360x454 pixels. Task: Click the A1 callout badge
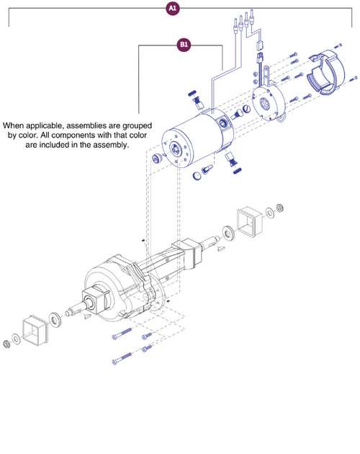click(x=173, y=8)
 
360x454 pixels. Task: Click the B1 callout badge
click(x=184, y=45)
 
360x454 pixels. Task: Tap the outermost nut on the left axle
click(x=6, y=340)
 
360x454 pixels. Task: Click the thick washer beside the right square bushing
click(x=228, y=232)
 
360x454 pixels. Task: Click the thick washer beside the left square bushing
click(x=55, y=318)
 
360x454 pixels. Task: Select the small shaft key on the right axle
click(x=222, y=248)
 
